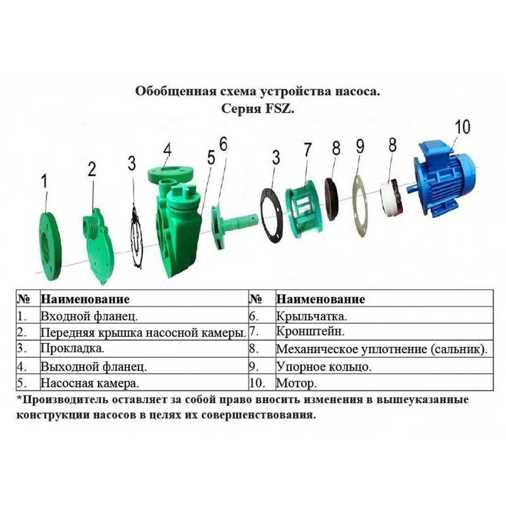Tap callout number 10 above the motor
tap(462, 127)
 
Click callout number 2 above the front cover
tap(92, 169)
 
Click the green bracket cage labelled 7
tap(303, 212)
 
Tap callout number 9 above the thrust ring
tap(360, 146)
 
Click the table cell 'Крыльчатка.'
tap(311, 316)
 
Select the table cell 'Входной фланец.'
tap(89, 316)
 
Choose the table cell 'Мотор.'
tap(296, 383)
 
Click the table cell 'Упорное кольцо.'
tap(324, 367)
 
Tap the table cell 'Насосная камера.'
tap(89, 383)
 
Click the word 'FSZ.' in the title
tap(280, 109)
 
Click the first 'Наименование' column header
tap(85, 299)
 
